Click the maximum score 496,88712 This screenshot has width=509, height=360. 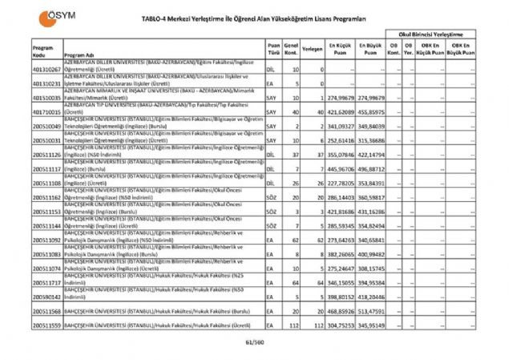(x=371, y=169)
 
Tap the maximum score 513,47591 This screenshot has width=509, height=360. (x=371, y=310)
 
